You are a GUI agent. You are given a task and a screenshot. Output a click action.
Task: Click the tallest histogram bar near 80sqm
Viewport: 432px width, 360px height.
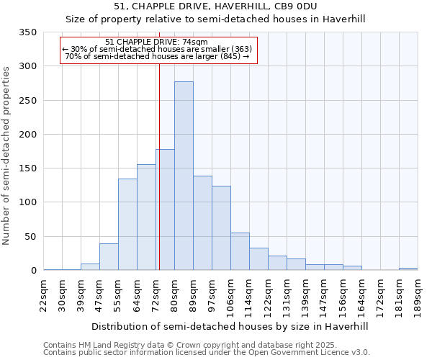pyautogui.click(x=184, y=176)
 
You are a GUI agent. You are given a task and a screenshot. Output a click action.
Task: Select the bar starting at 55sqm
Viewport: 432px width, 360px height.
pyautogui.click(x=127, y=224)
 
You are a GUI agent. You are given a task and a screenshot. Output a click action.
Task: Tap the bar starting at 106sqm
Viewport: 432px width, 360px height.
pyautogui.click(x=240, y=251)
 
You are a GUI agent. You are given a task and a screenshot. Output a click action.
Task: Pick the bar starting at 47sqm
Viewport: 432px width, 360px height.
pyautogui.click(x=109, y=256)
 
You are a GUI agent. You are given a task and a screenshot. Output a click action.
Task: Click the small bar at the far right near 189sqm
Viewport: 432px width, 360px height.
pyautogui.click(x=408, y=269)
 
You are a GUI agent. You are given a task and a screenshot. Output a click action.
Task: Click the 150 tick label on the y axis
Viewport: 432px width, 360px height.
pyautogui.click(x=28, y=168)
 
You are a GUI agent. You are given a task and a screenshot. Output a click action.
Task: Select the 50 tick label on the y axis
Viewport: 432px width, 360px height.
pyautogui.click(x=31, y=237)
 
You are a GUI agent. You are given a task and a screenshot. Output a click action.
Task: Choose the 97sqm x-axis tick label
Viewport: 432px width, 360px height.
pyautogui.click(x=213, y=294)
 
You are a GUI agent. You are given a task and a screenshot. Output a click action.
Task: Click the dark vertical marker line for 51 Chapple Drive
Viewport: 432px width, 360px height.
pyautogui.click(x=159, y=166)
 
